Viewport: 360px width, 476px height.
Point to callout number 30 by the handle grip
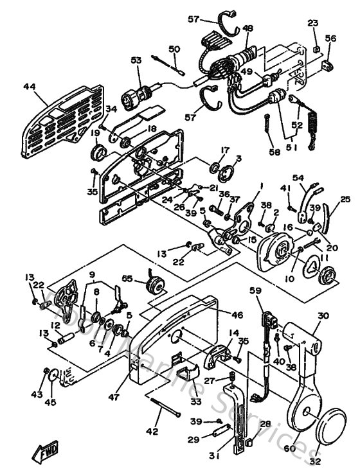323,315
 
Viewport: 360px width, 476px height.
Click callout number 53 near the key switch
136,60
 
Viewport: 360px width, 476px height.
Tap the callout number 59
256,291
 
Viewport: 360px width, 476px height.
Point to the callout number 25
345,200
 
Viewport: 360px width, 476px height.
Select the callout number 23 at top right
313,23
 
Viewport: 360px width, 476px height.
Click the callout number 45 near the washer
49,403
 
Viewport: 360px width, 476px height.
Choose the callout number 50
174,49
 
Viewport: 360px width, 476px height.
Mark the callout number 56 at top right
330,39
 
